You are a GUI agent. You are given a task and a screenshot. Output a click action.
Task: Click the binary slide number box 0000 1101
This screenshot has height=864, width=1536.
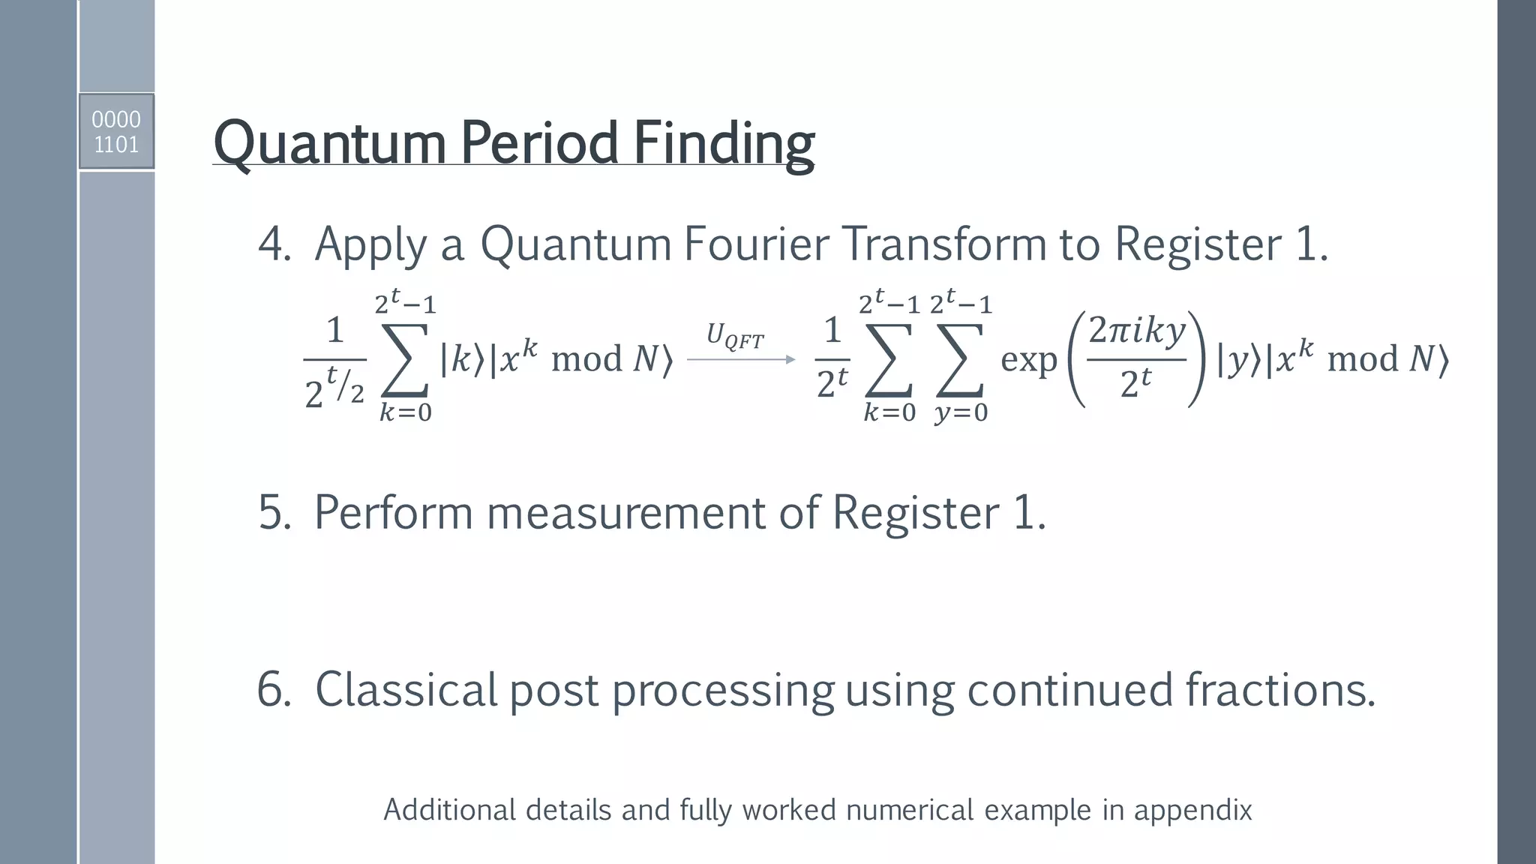click(116, 131)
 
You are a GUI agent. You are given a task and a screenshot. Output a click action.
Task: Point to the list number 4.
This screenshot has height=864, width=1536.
click(274, 244)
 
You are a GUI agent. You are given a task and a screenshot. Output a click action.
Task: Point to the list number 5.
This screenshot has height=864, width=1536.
click(274, 513)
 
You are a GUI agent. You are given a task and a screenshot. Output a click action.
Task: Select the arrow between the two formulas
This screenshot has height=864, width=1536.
click(741, 360)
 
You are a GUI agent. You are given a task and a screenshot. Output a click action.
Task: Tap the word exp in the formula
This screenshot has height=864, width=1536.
click(1028, 360)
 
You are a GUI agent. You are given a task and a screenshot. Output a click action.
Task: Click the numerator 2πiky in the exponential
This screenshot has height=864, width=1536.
click(1137, 330)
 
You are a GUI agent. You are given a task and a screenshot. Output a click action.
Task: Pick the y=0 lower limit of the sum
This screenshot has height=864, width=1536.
click(961, 412)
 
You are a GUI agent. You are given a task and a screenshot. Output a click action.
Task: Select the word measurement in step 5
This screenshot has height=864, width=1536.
click(626, 513)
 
